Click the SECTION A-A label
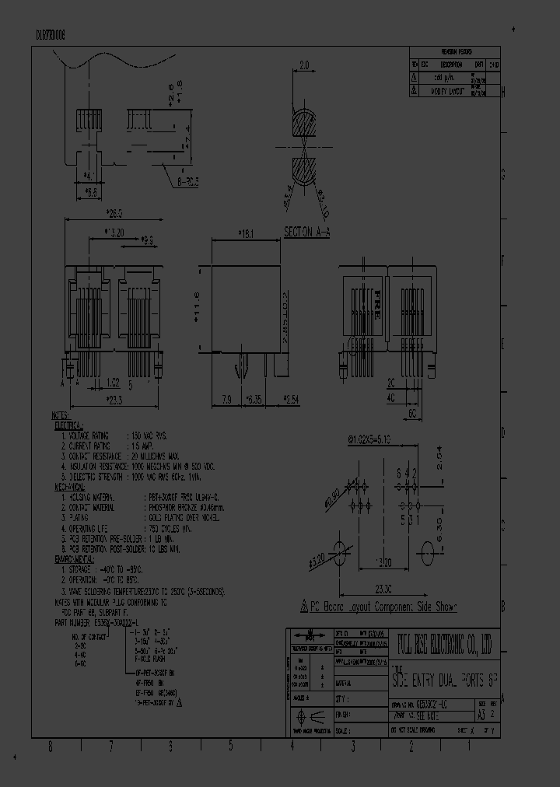(306, 232)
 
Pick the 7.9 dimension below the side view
(226, 400)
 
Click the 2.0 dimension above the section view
(304, 65)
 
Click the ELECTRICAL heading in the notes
(71, 426)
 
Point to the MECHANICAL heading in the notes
(72, 485)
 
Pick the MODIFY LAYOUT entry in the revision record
(447, 91)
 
